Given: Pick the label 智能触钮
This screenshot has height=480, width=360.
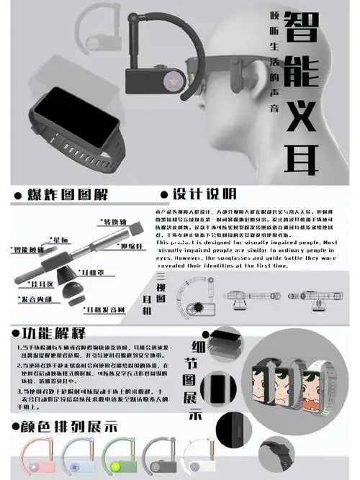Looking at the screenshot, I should click(25, 249).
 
